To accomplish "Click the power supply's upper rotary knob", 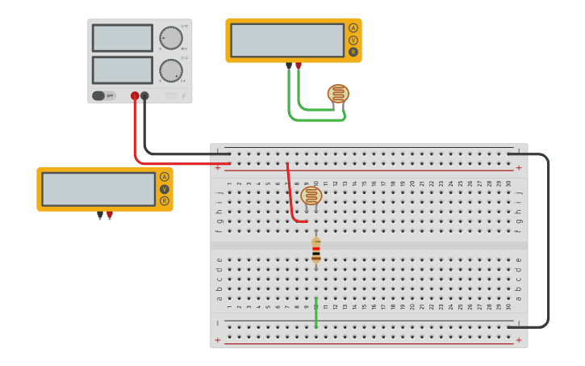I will tap(170, 38).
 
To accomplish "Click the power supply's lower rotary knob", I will tap(170, 70).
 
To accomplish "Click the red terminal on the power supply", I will tap(135, 95).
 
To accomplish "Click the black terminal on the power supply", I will tap(144, 95).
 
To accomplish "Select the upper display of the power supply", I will tap(123, 38).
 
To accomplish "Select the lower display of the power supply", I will tap(123, 69).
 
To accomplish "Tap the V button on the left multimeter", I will tap(165, 189).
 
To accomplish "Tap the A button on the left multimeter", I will tap(165, 177).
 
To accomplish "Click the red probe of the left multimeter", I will tap(110, 216).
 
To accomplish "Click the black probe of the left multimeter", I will tap(100, 216).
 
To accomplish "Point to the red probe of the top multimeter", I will tap(299, 65).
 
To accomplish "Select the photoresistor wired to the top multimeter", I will tap(338, 94).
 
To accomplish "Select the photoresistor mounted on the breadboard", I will tap(311, 196).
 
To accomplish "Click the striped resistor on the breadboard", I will tap(315, 250).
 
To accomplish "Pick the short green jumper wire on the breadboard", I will tap(315, 313).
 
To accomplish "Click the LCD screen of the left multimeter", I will tap(98, 189).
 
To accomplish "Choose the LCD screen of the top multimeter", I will tap(287, 40).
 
